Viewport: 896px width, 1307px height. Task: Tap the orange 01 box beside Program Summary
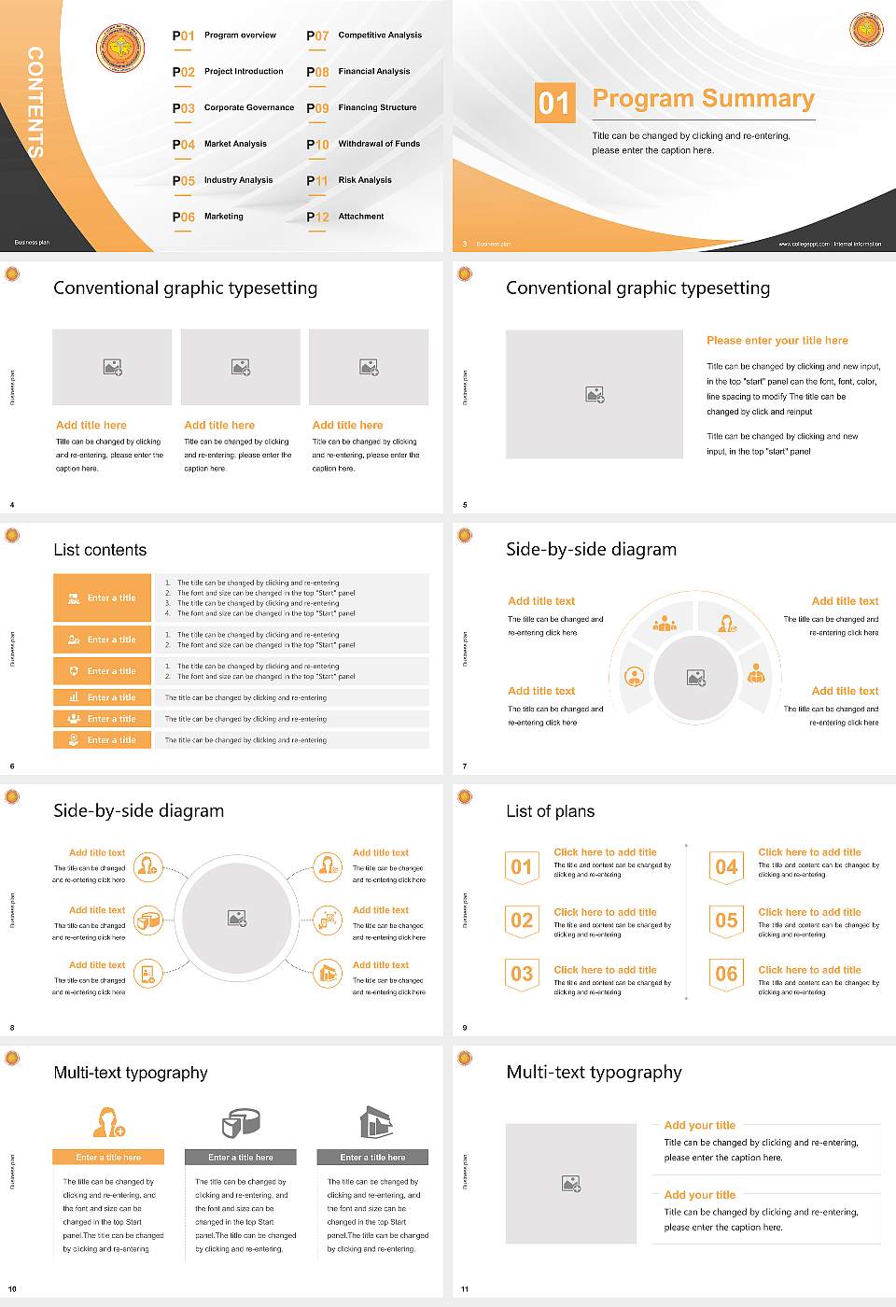point(553,103)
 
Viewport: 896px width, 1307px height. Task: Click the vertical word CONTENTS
point(35,102)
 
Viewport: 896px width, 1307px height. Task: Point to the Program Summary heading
point(703,99)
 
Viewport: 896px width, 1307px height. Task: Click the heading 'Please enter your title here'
point(777,341)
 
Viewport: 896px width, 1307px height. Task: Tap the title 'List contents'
point(100,550)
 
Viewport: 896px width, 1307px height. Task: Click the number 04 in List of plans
point(726,867)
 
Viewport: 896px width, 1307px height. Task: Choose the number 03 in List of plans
point(522,974)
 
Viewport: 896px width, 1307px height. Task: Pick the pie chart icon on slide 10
point(240,1122)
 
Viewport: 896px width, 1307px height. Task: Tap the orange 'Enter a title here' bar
point(108,1157)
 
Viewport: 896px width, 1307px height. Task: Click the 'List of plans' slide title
point(550,811)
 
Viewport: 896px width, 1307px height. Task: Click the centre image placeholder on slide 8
point(237,918)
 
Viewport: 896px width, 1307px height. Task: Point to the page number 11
point(465,1289)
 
